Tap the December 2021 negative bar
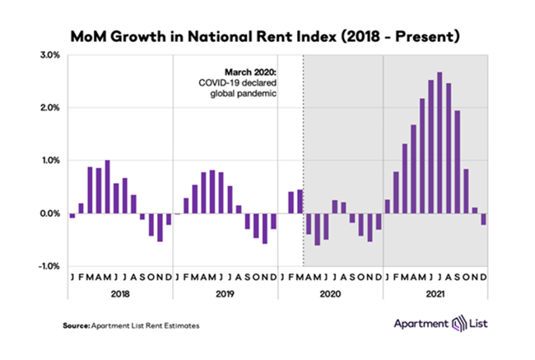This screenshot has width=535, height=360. (x=485, y=218)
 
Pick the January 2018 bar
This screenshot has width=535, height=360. (x=72, y=216)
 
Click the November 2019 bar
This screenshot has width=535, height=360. (x=265, y=227)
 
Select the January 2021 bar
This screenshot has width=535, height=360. (x=388, y=206)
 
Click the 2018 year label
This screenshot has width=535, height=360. (x=120, y=293)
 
